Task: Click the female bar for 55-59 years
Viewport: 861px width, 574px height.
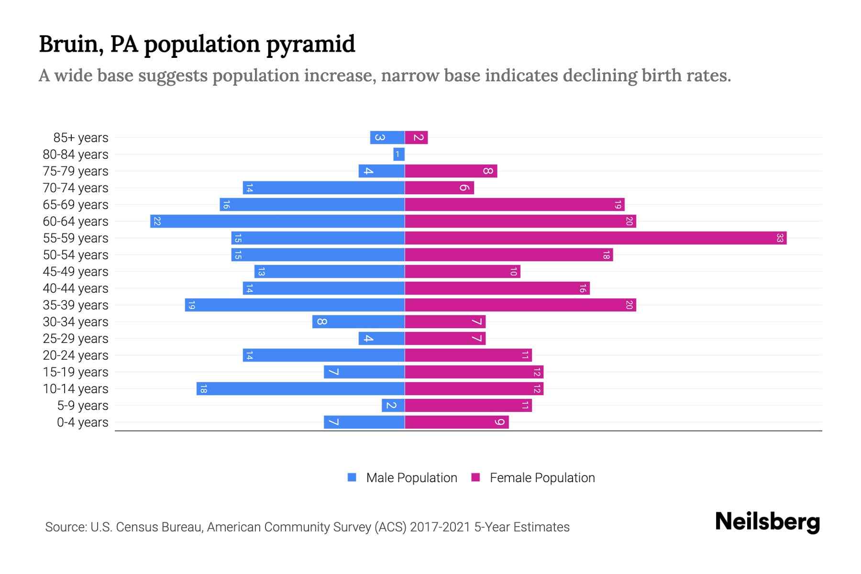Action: tap(596, 238)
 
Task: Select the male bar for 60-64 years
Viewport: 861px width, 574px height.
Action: tap(277, 221)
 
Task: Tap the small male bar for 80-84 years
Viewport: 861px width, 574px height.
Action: tap(399, 154)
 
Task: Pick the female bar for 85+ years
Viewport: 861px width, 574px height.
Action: tap(416, 137)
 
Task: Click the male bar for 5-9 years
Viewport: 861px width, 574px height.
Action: tap(393, 405)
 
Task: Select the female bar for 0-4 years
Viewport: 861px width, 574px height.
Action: tap(457, 422)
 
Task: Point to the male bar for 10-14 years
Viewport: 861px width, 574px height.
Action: tap(300, 388)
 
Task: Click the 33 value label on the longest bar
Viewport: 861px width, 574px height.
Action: tap(780, 238)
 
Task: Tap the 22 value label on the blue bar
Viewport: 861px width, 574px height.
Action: tap(157, 221)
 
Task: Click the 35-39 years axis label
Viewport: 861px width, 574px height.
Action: tap(76, 305)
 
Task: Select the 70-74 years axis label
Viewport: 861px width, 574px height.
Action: tap(76, 188)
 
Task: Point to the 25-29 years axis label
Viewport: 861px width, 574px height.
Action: tap(76, 338)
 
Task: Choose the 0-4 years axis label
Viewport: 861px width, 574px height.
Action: tap(82, 422)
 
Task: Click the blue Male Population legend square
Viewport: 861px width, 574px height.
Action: tap(352, 477)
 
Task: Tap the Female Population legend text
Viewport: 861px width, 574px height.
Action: tap(542, 477)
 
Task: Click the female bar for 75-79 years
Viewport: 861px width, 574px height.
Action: tap(451, 171)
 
